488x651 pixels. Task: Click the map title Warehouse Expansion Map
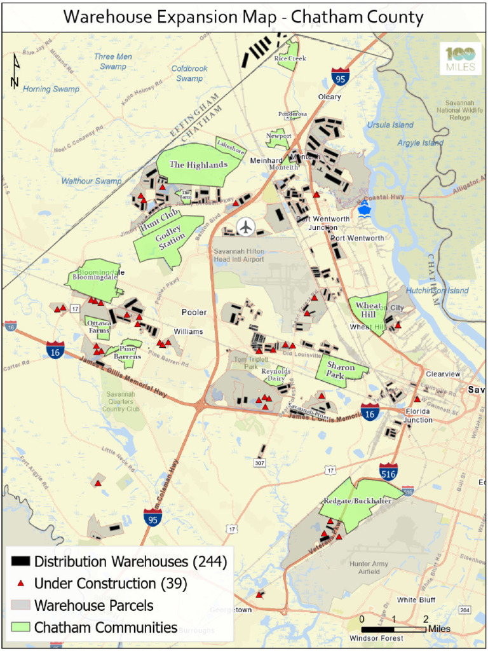(x=243, y=17)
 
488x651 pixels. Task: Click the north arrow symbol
(x=15, y=71)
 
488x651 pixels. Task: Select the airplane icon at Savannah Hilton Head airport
(x=245, y=226)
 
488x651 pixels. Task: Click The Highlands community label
(x=198, y=165)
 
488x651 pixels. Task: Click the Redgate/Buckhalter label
(x=357, y=501)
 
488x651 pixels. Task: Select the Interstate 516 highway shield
(x=389, y=471)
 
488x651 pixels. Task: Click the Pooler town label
(x=194, y=313)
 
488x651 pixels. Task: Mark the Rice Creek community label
(x=290, y=58)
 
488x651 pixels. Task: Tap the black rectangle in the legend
(x=21, y=561)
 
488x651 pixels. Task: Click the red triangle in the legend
(x=21, y=583)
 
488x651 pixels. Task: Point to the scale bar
(x=394, y=629)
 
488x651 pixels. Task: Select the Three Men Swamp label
(x=113, y=62)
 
